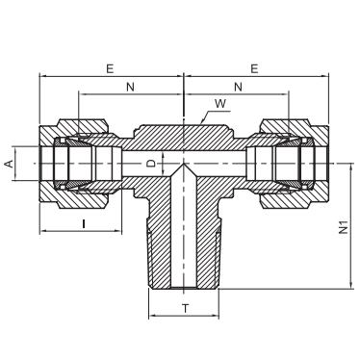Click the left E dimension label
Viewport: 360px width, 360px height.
tap(110, 69)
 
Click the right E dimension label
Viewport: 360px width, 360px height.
tap(254, 69)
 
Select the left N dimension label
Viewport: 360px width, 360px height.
tap(130, 87)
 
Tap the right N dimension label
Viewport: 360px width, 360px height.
tap(238, 87)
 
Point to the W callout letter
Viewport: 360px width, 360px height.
tap(220, 104)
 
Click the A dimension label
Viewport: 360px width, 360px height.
tap(10, 164)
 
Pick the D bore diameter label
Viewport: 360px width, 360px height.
tap(151, 164)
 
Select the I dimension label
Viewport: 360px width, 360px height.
tap(84, 223)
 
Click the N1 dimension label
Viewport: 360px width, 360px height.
tap(344, 227)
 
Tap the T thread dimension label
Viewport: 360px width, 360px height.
tap(186, 309)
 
